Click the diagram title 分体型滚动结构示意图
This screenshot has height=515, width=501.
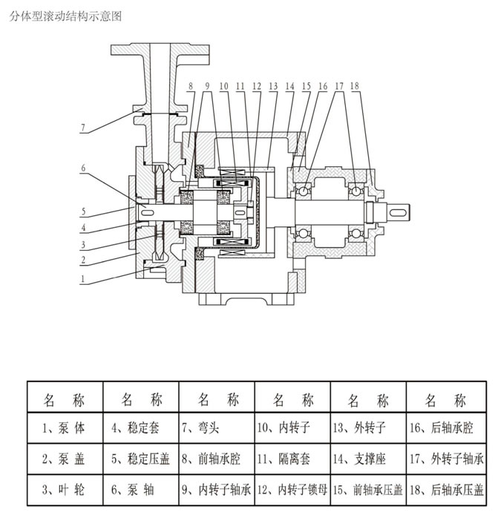pos(65,16)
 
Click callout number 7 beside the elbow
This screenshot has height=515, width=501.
pos(83,128)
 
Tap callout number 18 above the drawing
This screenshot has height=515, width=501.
pos(355,86)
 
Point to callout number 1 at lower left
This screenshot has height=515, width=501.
pos(83,279)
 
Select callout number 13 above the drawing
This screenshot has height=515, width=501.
pos(273,86)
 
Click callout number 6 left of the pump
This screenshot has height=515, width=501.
pos(83,168)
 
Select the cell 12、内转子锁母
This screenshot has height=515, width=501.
pos(292,490)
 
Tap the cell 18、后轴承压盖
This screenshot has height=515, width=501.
pos(447,490)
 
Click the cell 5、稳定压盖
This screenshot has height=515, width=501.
pos(140,459)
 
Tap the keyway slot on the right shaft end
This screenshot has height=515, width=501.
pos(398,212)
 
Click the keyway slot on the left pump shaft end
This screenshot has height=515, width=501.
pos(147,212)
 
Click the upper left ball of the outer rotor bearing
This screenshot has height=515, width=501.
pos(303,191)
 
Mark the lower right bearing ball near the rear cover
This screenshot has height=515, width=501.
pos(356,234)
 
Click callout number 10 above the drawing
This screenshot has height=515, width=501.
pos(223,86)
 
